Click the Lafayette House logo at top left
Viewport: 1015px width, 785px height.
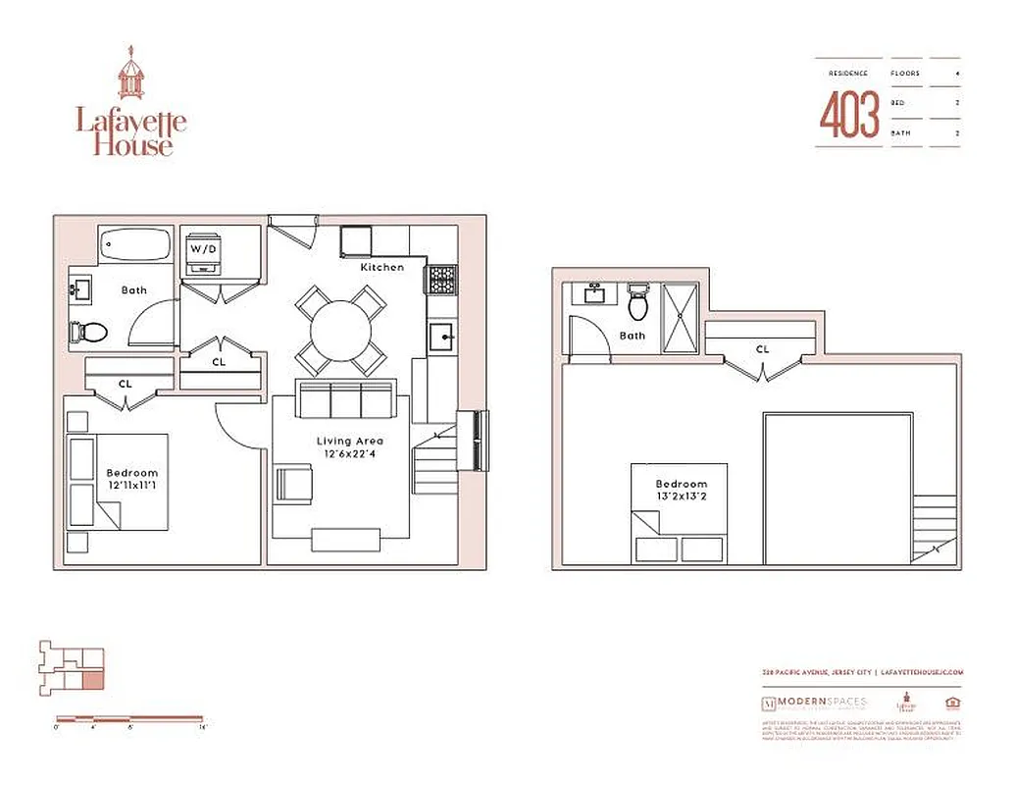[131, 102]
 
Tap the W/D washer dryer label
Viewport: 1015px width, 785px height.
[204, 249]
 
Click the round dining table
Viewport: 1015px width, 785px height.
[340, 330]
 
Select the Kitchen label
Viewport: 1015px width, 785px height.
[381, 267]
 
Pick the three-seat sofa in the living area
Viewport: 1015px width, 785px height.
[346, 400]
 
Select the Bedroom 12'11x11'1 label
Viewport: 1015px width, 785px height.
[131, 480]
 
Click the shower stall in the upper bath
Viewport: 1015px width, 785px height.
[680, 318]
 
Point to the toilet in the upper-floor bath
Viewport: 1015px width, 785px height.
[638, 304]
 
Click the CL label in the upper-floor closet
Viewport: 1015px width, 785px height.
[762, 349]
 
